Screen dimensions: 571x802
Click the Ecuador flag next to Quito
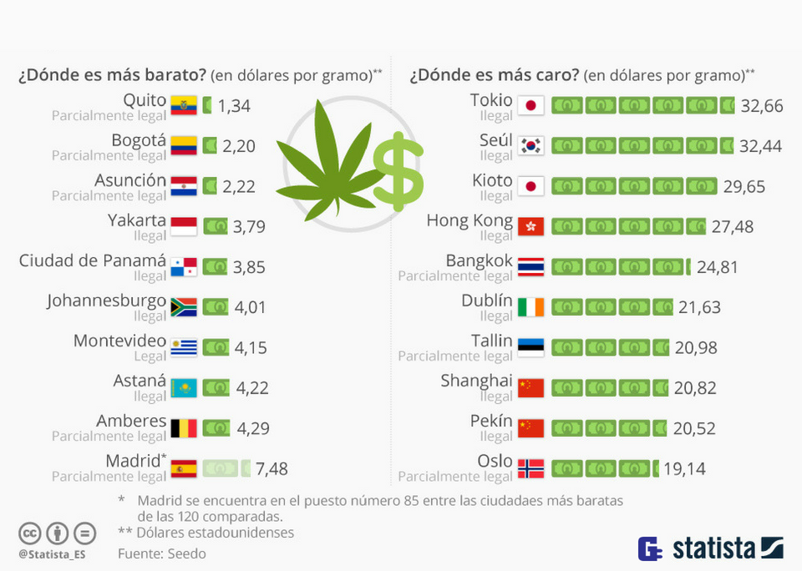coord(183,105)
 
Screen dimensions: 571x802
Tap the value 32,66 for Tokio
coord(761,105)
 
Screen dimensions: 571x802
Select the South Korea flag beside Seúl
coord(530,145)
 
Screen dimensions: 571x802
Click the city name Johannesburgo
coord(107,301)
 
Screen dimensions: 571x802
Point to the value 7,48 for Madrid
coord(272,468)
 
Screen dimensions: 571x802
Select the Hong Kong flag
coord(530,226)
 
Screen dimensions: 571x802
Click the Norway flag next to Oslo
coord(530,468)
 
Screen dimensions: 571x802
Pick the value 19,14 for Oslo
coord(684,468)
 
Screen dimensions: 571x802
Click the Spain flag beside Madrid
coord(183,468)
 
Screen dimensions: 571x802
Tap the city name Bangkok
coord(479,260)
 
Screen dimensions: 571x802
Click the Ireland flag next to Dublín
coord(530,307)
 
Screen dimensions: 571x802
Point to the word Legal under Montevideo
coord(150,356)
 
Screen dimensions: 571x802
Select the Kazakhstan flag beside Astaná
coord(183,388)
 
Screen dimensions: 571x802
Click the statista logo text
coord(713,548)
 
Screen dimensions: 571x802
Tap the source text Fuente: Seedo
coord(161,553)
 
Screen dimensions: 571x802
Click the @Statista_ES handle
coord(53,553)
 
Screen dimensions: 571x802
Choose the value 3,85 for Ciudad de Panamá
coord(250,267)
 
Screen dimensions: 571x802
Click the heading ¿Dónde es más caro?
coord(494,75)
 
